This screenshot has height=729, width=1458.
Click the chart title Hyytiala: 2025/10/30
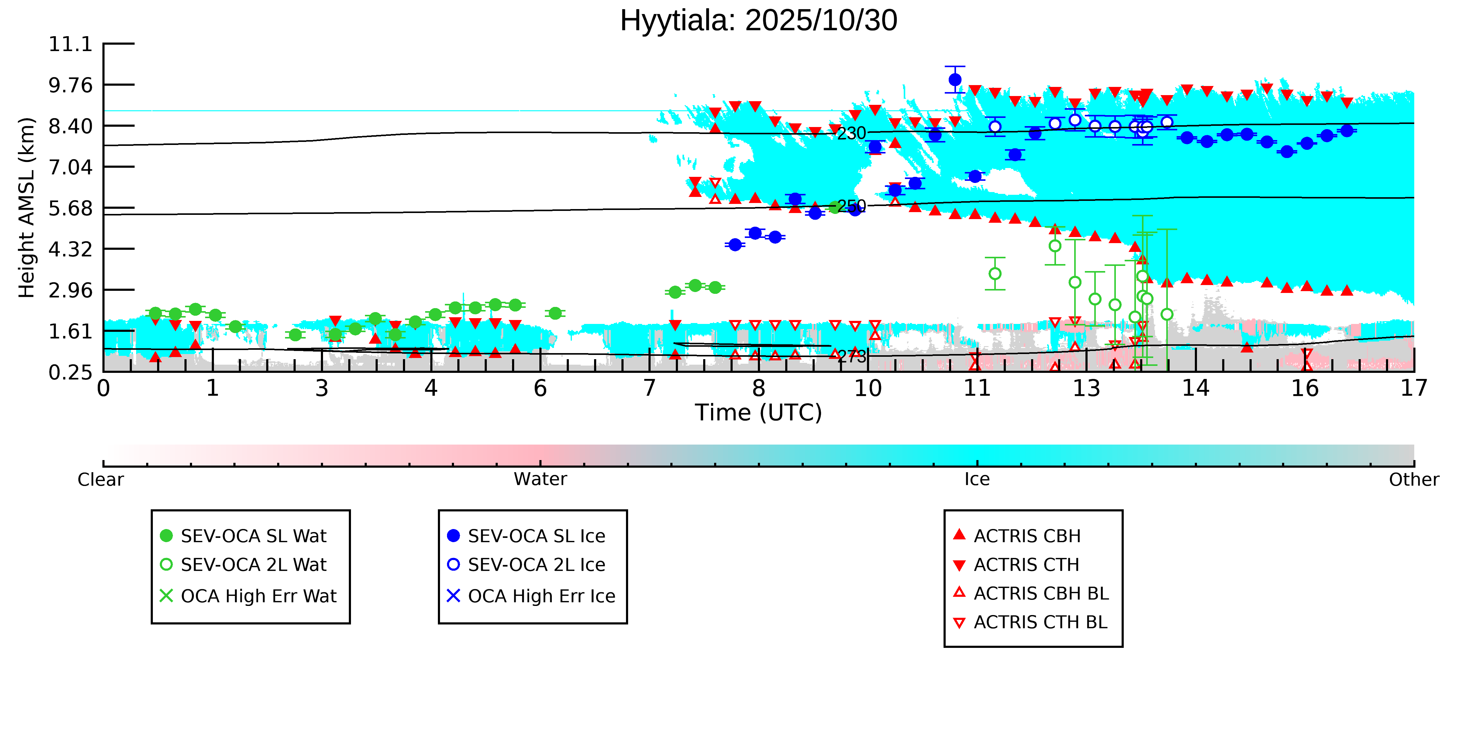point(758,21)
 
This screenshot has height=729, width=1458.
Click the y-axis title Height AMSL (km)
point(27,208)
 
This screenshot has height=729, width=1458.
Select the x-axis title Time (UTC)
point(758,413)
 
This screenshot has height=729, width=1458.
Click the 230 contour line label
point(851,134)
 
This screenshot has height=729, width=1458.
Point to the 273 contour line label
point(851,356)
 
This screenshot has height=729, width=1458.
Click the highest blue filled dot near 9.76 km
point(955,80)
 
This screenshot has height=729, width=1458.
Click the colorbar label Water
point(540,480)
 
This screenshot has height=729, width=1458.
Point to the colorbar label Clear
point(101,480)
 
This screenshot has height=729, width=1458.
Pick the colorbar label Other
point(1413,480)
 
